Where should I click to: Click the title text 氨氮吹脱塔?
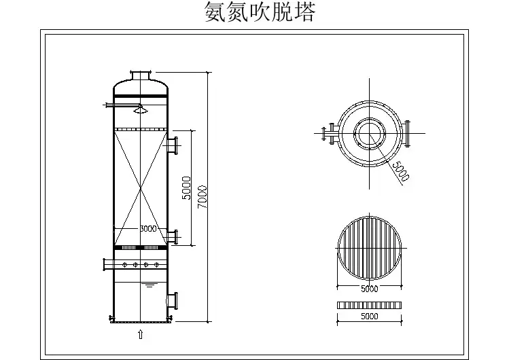pos(260,13)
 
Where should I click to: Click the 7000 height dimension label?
pos(202,197)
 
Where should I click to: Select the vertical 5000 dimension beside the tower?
pos(186,188)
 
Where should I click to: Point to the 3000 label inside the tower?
pos(147,229)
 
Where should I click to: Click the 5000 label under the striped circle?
pos(370,289)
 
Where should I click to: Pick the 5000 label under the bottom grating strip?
pos(370,317)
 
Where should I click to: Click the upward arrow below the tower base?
pos(140,334)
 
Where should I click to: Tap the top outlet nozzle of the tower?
pos(140,73)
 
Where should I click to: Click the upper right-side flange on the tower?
pos(175,145)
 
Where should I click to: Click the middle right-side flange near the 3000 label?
pos(174,236)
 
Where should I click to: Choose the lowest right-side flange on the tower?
pos(174,299)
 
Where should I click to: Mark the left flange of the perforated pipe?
pos(105,264)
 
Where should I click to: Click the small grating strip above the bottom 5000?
pos(370,305)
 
